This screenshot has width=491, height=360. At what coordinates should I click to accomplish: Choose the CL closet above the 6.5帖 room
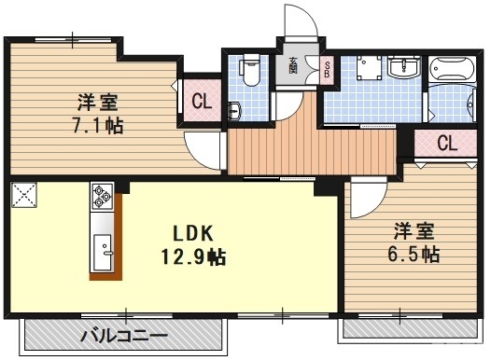(x=446, y=144)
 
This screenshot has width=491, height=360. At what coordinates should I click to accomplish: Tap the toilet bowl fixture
(x=248, y=71)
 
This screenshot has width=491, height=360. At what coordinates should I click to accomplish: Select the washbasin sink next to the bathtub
(x=403, y=67)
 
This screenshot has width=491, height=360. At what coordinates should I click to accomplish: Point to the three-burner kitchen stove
(x=102, y=198)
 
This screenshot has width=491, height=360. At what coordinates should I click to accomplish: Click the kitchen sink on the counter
(x=102, y=251)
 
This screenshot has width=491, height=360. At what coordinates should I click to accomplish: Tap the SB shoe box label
(x=327, y=67)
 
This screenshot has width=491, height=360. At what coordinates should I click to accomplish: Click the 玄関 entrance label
(x=292, y=66)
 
